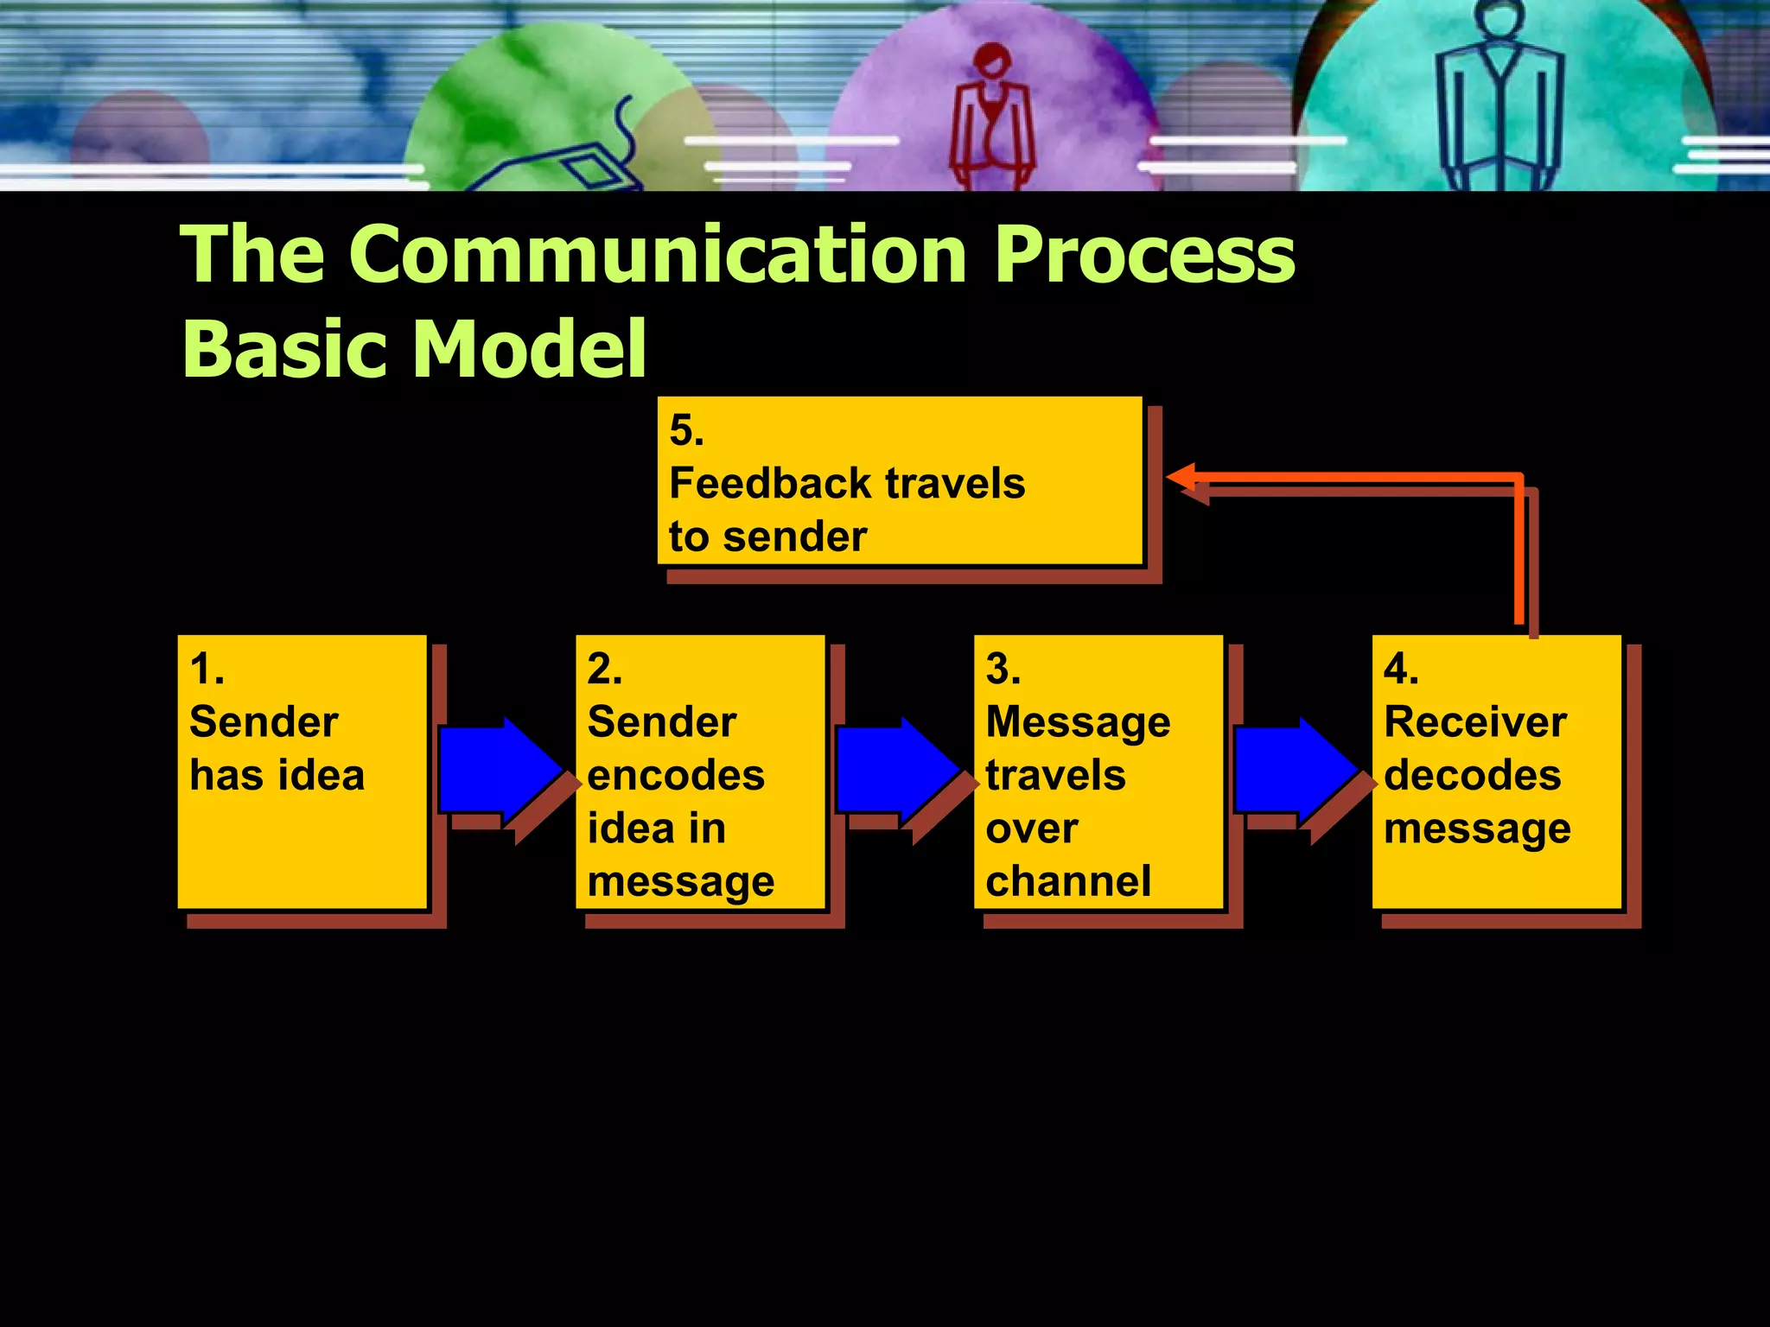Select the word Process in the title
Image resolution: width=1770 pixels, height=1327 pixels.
[x=1144, y=256]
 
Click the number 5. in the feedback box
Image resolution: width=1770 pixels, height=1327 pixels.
[x=686, y=430]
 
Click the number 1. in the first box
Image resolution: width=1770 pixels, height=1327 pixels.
[x=207, y=669]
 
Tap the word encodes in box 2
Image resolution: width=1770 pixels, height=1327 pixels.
[x=676, y=775]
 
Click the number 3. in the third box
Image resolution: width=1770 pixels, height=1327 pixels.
[x=1003, y=669]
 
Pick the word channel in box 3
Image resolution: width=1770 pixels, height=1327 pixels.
[x=1068, y=881]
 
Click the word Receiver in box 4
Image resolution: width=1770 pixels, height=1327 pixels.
[x=1474, y=722]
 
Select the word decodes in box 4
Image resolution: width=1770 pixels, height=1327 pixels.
[x=1472, y=775]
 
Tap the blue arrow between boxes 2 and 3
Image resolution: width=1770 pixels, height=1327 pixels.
[x=897, y=769]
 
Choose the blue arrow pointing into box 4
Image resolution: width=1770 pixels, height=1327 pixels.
[x=1295, y=769]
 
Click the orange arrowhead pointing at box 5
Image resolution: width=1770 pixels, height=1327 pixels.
[x=1181, y=476]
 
